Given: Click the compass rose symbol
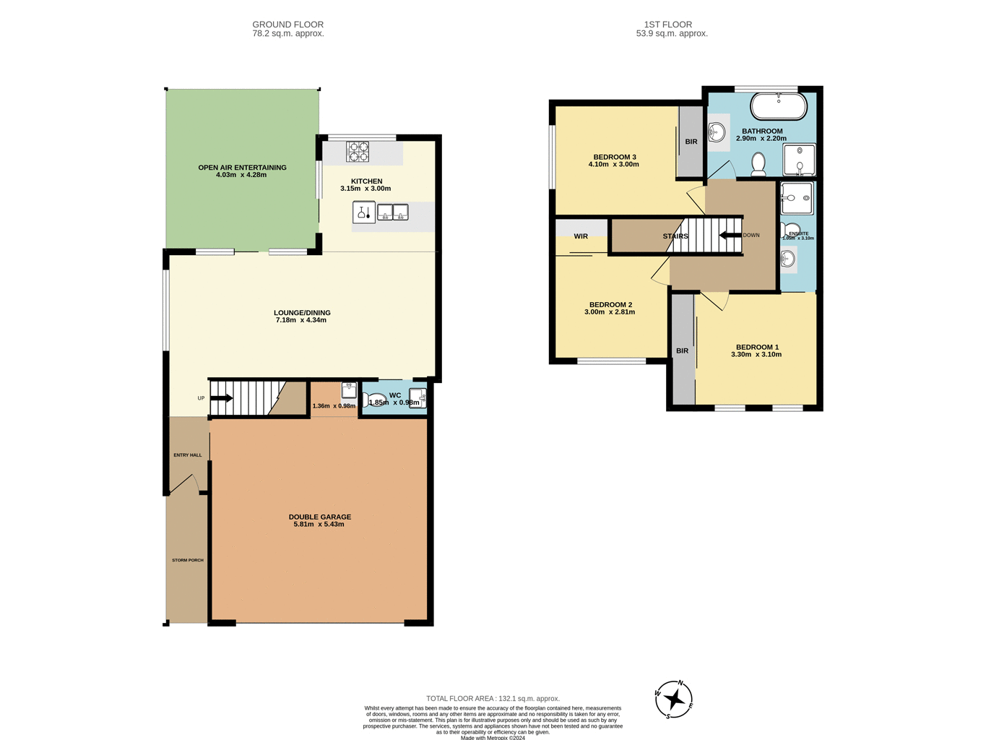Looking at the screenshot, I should [x=673, y=699].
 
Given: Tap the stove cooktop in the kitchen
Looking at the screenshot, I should [x=357, y=152].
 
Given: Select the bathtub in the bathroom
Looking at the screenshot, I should [x=778, y=106].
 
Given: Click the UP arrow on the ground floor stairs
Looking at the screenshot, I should [x=221, y=398].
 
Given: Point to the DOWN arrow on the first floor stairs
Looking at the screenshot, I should [x=730, y=235].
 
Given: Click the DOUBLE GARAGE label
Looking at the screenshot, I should [x=319, y=517].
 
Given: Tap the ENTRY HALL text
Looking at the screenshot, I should [x=187, y=455].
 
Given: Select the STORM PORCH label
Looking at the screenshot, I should [x=187, y=560].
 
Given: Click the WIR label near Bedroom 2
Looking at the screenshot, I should [x=581, y=236].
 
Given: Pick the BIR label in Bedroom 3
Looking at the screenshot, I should [x=691, y=142].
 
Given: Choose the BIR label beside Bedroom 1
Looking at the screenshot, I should [x=682, y=351].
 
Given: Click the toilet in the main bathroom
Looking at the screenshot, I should [x=758, y=165].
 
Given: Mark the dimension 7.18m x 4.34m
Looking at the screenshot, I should [x=301, y=320].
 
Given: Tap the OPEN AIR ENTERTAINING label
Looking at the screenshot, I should [x=242, y=168].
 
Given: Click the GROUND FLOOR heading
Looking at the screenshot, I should [x=287, y=25].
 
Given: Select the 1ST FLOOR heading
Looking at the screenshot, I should [x=671, y=25].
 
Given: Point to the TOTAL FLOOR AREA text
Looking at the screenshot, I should [x=493, y=699].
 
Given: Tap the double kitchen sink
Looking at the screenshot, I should [x=392, y=212].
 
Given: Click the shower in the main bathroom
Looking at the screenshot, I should [x=799, y=160].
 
